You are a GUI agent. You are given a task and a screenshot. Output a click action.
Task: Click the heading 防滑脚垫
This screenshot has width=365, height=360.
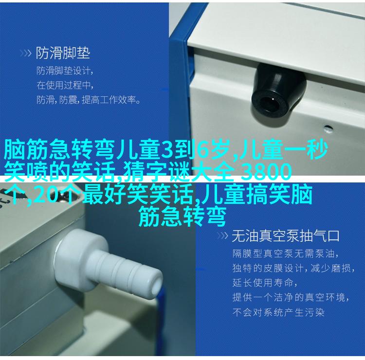click(x=63, y=53)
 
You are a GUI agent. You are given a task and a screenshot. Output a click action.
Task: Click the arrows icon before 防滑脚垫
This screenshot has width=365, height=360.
click(x=25, y=54)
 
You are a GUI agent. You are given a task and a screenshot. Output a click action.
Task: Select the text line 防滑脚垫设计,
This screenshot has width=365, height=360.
click(x=65, y=71)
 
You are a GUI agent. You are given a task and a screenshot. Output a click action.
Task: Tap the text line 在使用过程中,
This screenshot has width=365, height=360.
click(x=65, y=85)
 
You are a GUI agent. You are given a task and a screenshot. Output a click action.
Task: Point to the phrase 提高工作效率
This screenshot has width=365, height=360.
click(x=109, y=100)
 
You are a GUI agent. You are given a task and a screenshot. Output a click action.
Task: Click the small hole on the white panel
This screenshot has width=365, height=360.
click(x=328, y=128)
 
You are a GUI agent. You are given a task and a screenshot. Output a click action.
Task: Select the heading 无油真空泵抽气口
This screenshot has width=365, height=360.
click(x=285, y=236)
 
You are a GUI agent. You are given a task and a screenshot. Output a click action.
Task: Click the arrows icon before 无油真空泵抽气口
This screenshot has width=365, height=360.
click(x=222, y=236)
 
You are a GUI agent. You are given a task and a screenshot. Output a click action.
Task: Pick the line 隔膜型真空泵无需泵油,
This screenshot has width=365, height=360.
click(x=285, y=253)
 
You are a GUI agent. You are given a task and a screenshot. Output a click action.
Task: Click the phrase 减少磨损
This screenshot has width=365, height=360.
click(x=331, y=269)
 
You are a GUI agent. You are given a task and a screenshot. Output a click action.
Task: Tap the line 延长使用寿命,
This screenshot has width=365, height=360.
click(x=265, y=283)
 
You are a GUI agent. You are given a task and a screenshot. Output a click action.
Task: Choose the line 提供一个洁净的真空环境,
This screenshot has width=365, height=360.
click(x=291, y=297)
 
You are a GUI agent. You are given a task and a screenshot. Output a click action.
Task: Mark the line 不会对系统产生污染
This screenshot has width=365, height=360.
click(x=278, y=312)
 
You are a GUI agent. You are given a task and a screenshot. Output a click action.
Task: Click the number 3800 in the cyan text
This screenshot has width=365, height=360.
click(x=266, y=172)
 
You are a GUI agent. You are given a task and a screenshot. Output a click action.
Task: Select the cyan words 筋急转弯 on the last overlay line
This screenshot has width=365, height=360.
click(x=182, y=216)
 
